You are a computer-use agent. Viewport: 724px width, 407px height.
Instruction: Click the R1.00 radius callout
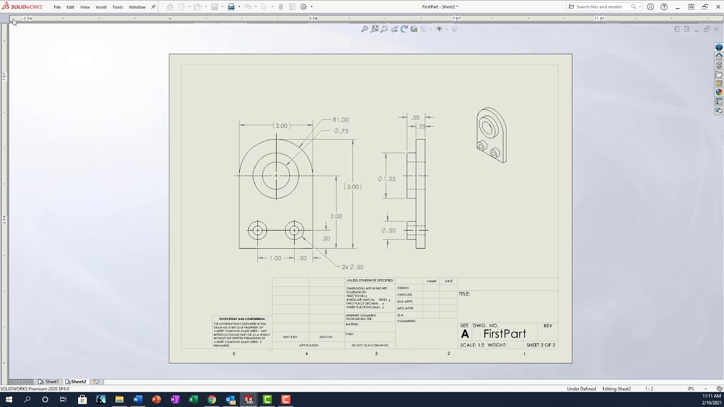click(x=341, y=120)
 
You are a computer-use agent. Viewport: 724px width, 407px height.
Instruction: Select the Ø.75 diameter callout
click(x=341, y=131)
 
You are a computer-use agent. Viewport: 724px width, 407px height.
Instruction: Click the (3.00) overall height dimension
click(x=352, y=187)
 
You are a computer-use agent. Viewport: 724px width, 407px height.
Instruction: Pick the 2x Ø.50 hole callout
click(x=352, y=267)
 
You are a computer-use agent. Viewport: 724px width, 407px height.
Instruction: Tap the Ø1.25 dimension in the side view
click(x=387, y=179)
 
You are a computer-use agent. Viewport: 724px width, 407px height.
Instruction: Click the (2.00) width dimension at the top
click(x=281, y=125)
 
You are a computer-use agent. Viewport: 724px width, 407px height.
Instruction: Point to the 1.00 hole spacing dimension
click(x=275, y=258)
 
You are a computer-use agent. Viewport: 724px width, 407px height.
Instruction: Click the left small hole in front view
click(x=257, y=231)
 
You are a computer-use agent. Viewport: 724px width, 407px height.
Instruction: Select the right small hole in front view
click(x=294, y=231)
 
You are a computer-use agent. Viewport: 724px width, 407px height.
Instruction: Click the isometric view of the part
click(x=491, y=135)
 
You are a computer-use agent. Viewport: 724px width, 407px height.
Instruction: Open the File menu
click(x=57, y=7)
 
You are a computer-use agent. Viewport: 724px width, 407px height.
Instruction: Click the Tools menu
click(x=118, y=7)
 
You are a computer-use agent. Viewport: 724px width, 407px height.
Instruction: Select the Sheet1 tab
click(x=51, y=382)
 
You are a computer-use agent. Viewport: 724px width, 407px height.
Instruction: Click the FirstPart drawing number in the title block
click(x=505, y=334)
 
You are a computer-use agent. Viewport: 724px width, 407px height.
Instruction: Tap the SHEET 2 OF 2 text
click(x=541, y=345)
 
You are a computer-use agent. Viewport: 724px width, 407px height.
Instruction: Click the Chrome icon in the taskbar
click(x=212, y=400)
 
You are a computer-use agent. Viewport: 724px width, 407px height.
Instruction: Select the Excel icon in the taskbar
click(x=193, y=400)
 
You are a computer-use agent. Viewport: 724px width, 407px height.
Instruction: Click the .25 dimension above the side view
click(x=421, y=127)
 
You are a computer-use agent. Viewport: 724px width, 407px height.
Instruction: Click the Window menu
click(x=137, y=7)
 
